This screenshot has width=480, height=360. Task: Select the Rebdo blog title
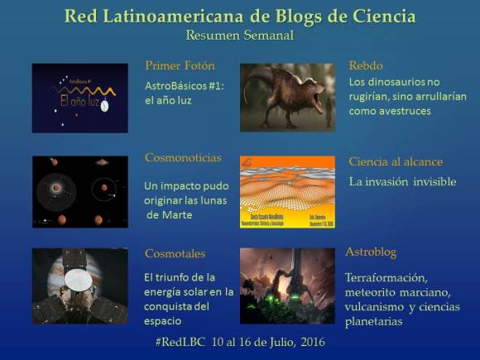(x=367, y=65)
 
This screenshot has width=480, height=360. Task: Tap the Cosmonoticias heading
(x=182, y=157)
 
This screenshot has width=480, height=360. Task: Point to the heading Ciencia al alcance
(x=396, y=161)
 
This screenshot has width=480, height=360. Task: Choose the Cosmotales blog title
(x=175, y=254)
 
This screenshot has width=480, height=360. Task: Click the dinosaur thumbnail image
(x=287, y=97)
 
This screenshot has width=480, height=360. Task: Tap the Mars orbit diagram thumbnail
(x=79, y=192)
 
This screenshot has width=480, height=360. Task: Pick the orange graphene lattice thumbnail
(x=287, y=192)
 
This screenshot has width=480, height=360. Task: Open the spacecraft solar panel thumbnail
(x=79, y=286)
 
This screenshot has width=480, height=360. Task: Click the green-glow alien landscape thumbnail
(x=287, y=286)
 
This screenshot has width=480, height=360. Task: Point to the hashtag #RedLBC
(x=181, y=342)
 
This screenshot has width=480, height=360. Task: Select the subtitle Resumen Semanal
(x=240, y=35)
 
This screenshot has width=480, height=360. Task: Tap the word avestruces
(x=401, y=110)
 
